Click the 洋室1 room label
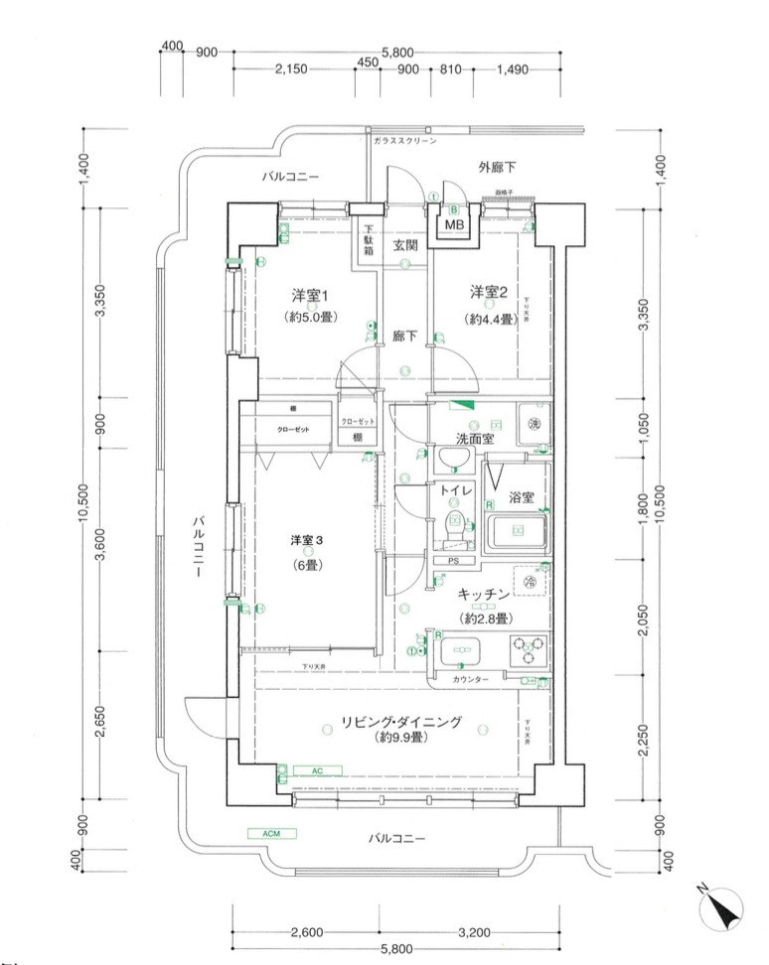pos(310,296)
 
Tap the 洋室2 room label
pos(489,292)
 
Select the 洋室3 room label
pos(307,540)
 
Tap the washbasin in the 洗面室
pos(455,460)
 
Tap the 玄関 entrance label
pos(404,245)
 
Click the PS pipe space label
pos(453,561)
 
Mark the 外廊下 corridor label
pos(498,166)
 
